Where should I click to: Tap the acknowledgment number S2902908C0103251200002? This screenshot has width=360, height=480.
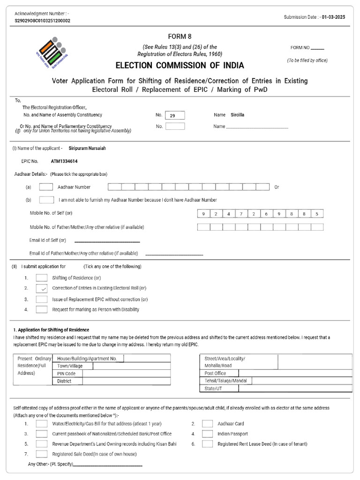43,21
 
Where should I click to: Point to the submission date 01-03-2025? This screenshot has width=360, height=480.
334,17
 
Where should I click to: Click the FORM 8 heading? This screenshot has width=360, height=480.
180,37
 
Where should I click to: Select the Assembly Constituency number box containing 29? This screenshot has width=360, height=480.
175,115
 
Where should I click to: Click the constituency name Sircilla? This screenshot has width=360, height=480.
238,115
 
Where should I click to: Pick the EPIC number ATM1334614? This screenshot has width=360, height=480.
64,161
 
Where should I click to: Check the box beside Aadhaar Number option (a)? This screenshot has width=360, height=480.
46,187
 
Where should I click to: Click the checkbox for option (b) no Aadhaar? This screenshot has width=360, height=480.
46,200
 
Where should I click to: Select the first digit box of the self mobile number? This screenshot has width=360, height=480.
203,214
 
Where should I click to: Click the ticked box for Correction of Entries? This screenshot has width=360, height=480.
42,288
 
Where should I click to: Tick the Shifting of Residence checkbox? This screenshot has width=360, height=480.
42,277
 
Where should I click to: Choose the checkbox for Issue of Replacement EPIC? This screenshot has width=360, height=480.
42,299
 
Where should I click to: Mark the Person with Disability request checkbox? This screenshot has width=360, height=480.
42,309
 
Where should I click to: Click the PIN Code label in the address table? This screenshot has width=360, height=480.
66,374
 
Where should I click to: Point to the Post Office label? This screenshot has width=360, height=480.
215,373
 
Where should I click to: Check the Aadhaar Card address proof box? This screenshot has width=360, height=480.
208,424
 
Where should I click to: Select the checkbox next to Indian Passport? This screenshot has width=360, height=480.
208,434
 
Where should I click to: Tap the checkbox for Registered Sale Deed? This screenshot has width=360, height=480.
42,454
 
